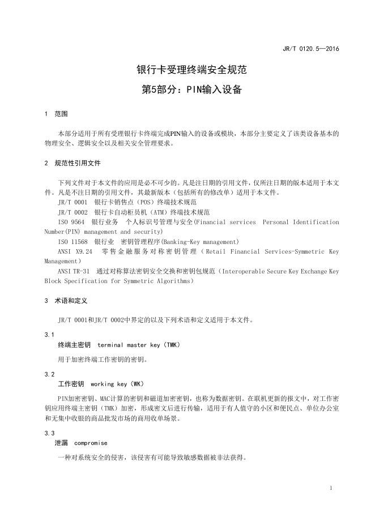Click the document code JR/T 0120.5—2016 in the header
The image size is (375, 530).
[310, 49]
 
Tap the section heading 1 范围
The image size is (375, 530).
[56, 114]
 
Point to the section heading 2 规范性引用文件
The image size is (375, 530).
[72, 163]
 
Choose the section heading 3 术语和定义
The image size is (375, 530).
[66, 301]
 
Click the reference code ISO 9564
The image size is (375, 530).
[71, 222]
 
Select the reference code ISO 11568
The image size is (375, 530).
[73, 241]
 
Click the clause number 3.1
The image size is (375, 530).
[49, 335]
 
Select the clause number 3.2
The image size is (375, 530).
[49, 374]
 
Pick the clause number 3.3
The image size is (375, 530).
[49, 433]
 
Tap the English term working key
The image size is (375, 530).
[109, 383]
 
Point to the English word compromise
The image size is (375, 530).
[91, 443]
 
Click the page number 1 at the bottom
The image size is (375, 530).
[331, 488]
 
